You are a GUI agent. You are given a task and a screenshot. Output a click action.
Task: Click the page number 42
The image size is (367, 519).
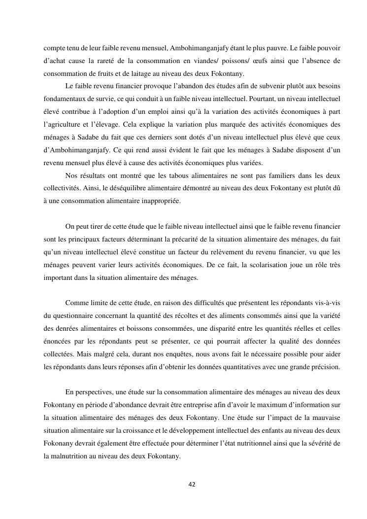[192, 484]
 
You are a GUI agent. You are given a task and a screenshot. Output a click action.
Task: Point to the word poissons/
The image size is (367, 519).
[237, 61]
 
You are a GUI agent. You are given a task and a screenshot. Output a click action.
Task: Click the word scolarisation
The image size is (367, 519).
[274, 265]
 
